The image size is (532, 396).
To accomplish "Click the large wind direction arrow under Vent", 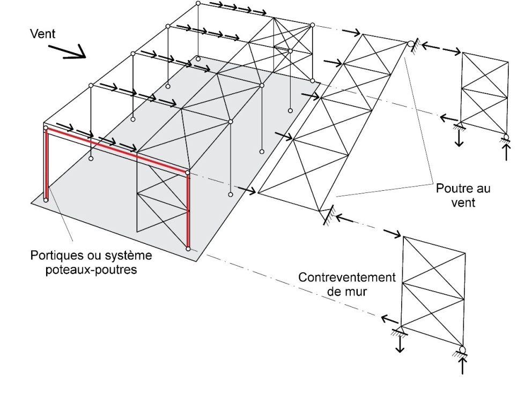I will click(70, 51).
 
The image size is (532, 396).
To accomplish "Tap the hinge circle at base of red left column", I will click(46, 200).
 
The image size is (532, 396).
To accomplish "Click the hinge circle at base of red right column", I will click(188, 249).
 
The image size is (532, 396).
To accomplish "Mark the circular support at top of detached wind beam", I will click(410, 43).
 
